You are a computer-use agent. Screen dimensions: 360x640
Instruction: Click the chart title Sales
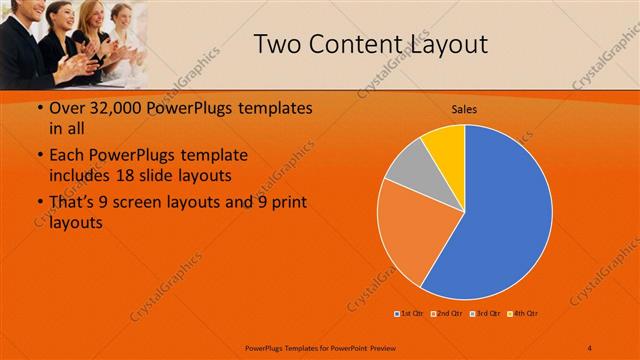(x=464, y=107)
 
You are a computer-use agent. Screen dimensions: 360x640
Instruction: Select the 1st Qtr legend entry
(x=409, y=314)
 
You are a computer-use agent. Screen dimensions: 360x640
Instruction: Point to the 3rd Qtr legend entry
(x=484, y=314)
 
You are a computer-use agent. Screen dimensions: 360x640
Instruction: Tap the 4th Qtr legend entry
(x=522, y=314)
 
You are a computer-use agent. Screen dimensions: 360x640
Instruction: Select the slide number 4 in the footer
(x=589, y=347)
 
